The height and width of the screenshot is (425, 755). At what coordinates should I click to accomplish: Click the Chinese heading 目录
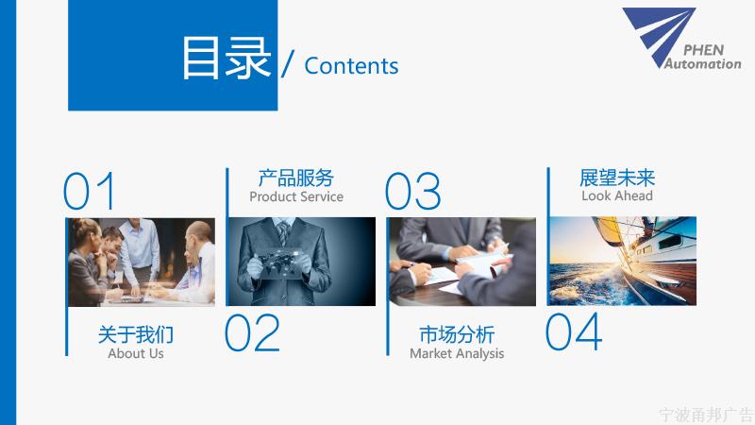(226, 59)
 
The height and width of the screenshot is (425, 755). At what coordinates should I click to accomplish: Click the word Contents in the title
(351, 66)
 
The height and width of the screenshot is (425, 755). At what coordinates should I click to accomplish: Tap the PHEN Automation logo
(681, 39)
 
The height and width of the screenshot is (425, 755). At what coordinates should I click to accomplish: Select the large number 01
(90, 191)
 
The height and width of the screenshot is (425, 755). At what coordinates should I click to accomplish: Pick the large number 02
(252, 332)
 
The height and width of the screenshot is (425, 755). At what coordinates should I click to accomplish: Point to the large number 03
(412, 191)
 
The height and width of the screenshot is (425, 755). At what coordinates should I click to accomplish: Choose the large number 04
(574, 331)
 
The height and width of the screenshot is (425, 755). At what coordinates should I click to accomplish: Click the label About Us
(136, 353)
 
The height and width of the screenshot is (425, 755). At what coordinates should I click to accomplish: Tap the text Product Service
(296, 196)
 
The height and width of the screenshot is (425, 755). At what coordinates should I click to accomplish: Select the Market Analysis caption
(457, 353)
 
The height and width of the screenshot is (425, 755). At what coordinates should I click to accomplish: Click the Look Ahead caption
(617, 195)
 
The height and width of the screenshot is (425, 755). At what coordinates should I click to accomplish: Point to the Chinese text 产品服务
(296, 178)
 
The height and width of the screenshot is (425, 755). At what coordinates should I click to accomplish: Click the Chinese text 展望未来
(617, 178)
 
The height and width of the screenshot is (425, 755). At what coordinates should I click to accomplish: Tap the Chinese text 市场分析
(457, 334)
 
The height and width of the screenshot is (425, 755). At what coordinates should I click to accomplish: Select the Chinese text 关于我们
(136, 334)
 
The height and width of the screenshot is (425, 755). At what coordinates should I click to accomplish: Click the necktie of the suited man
(283, 232)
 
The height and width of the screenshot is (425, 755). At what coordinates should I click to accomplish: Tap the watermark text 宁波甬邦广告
(706, 415)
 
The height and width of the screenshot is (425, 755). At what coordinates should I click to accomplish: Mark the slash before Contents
(288, 63)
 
